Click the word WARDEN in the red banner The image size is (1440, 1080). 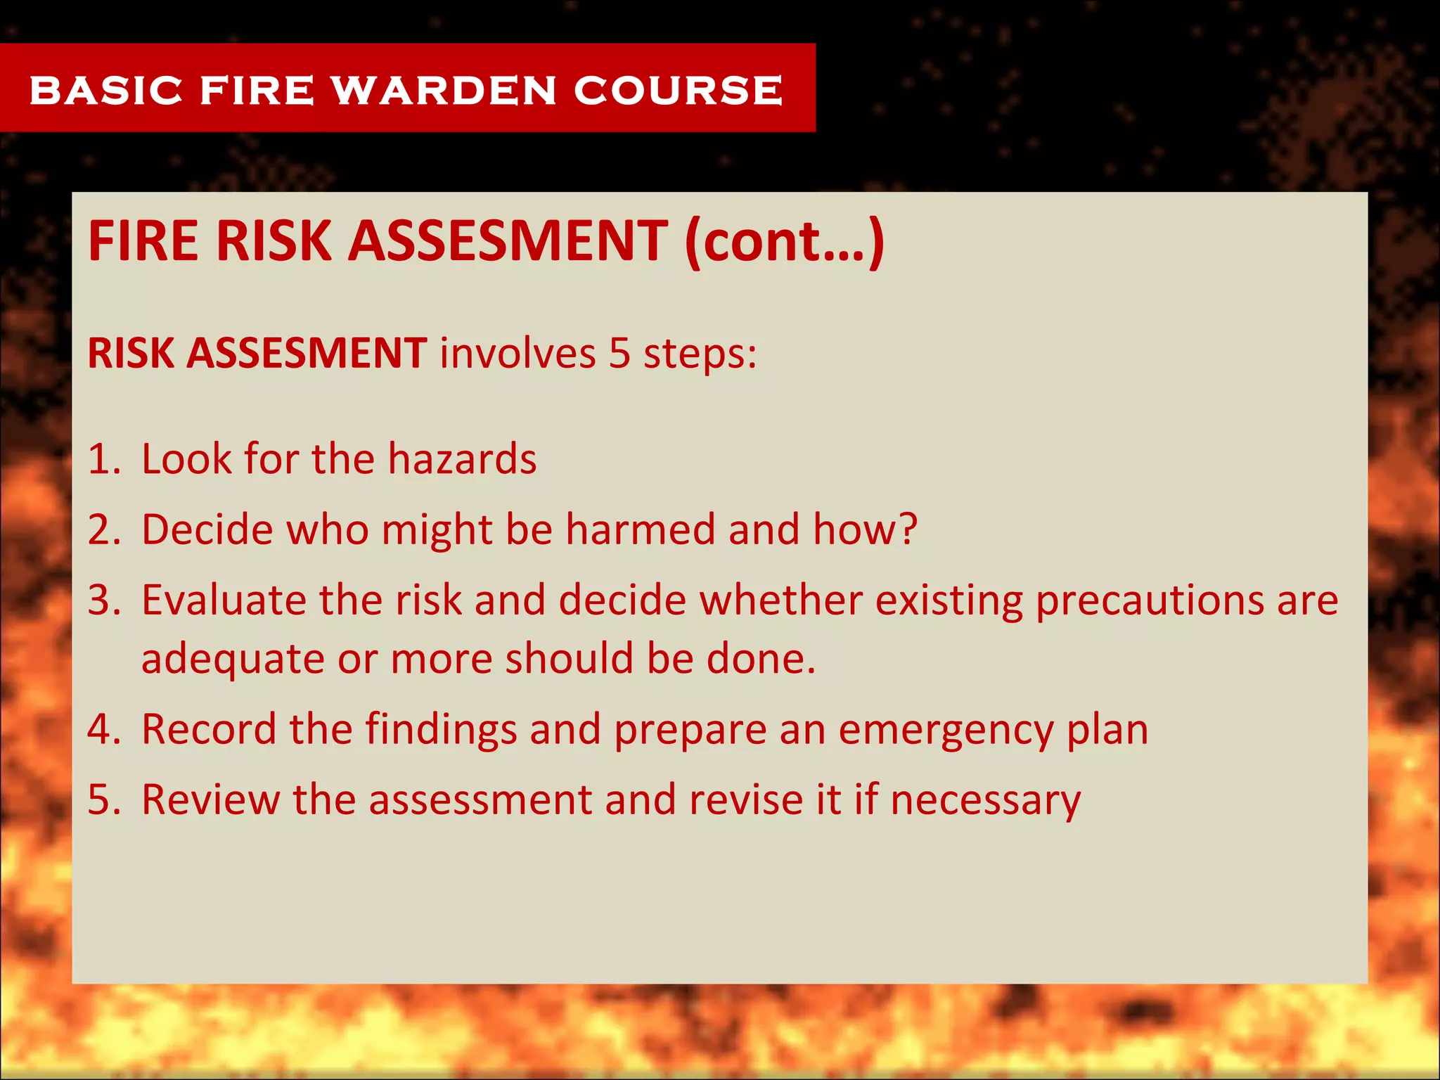(444, 91)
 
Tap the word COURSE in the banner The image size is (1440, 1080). (678, 91)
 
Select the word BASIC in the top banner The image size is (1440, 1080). (106, 91)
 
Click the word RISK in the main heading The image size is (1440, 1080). (274, 241)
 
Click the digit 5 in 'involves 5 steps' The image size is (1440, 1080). (619, 353)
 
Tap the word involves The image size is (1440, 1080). (517, 353)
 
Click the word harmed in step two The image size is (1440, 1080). (640, 530)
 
